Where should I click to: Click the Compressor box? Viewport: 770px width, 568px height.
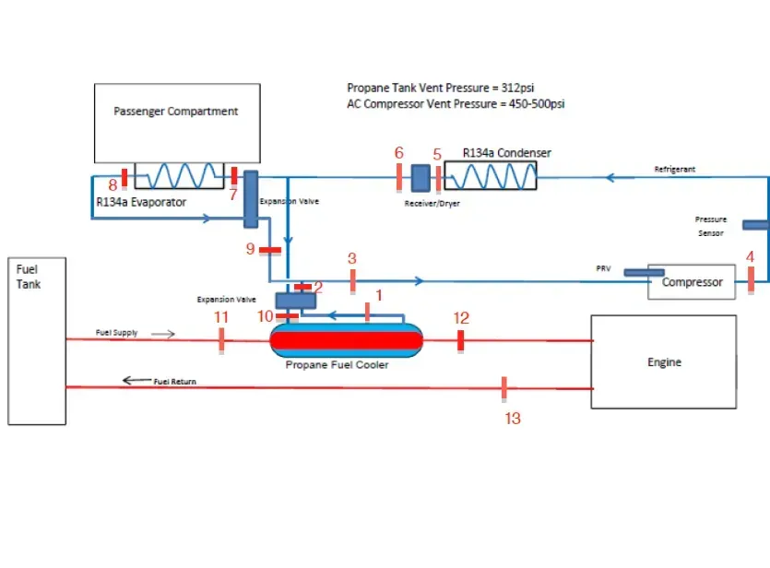click(x=692, y=282)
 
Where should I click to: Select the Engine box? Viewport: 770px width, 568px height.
click(x=663, y=361)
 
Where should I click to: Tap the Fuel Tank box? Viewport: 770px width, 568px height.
click(x=37, y=341)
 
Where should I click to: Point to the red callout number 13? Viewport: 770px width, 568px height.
click(x=513, y=418)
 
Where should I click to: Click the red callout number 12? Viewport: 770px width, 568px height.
click(x=461, y=318)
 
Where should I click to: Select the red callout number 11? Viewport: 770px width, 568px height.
click(x=220, y=317)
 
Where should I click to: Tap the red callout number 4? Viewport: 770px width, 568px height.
click(x=750, y=256)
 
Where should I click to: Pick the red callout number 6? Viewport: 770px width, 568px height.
click(x=398, y=153)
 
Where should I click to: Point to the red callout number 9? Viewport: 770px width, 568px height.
click(x=250, y=249)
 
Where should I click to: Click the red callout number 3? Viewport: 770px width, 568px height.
click(x=351, y=259)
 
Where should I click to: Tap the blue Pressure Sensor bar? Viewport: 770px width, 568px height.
click(x=754, y=224)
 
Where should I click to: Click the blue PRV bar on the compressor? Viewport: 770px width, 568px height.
click(x=642, y=271)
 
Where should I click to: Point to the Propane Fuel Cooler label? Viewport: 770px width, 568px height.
click(x=337, y=365)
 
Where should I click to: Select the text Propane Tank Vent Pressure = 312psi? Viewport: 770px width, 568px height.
click(x=440, y=88)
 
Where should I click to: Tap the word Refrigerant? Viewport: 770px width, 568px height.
click(x=674, y=170)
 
